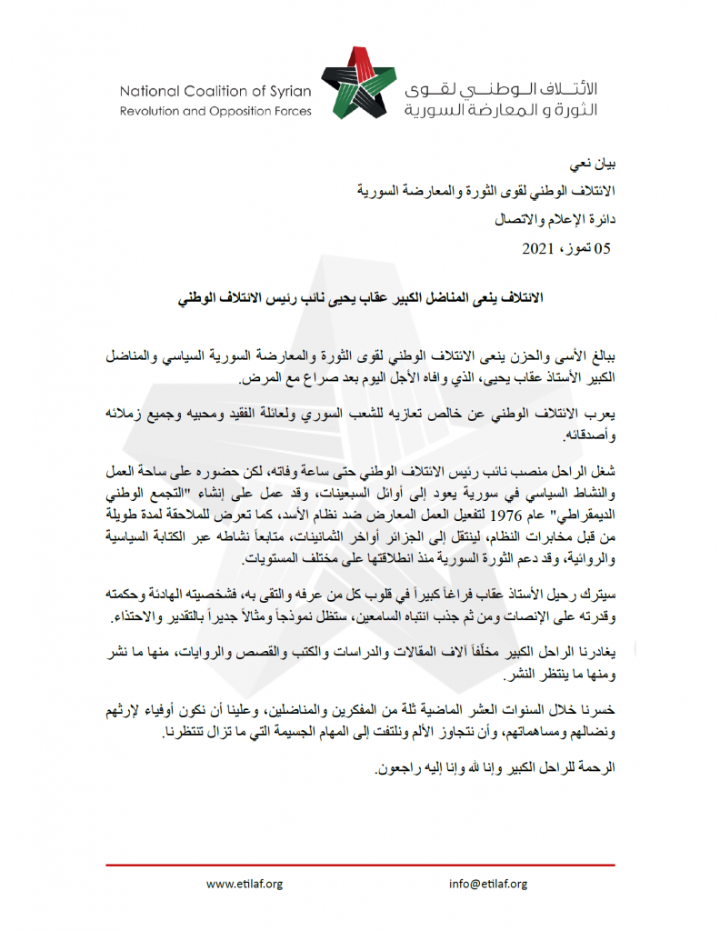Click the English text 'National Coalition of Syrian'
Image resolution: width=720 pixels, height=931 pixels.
pyautogui.click(x=215, y=91)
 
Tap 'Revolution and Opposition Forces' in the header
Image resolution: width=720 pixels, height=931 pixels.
pyautogui.click(x=215, y=111)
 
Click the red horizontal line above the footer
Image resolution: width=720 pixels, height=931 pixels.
pyautogui.click(x=360, y=864)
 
